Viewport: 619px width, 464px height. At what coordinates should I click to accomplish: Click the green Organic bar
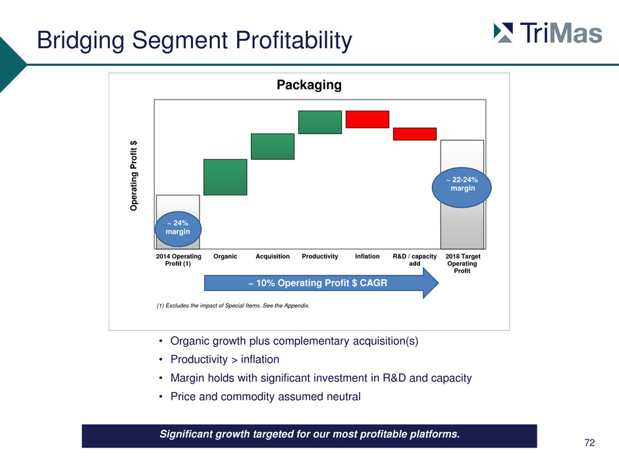(225, 177)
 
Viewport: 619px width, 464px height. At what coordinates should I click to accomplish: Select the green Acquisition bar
(273, 146)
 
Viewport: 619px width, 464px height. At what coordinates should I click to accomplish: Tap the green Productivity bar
(320, 122)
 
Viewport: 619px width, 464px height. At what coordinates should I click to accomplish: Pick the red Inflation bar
(367, 119)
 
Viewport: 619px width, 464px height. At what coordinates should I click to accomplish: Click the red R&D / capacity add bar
(414, 134)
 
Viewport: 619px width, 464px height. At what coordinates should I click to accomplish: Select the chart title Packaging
(309, 85)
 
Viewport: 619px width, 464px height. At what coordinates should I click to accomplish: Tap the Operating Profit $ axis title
(134, 176)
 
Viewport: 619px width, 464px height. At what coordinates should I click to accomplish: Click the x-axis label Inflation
(367, 257)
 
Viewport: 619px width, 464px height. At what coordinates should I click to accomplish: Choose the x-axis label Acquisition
(273, 257)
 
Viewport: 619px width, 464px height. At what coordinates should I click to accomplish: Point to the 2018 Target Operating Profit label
(462, 263)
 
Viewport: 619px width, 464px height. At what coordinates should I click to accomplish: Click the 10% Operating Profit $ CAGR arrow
(321, 283)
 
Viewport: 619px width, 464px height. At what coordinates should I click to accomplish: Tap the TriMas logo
(548, 33)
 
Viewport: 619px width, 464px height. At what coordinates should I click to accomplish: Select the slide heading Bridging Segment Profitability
(194, 40)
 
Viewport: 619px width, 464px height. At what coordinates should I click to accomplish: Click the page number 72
(589, 443)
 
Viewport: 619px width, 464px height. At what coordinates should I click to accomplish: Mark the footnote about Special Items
(233, 305)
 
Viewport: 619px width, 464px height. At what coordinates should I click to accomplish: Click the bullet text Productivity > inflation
(225, 359)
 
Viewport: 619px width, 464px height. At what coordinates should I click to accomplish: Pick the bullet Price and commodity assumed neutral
(265, 396)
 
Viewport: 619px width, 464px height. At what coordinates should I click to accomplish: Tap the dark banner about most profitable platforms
(309, 436)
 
